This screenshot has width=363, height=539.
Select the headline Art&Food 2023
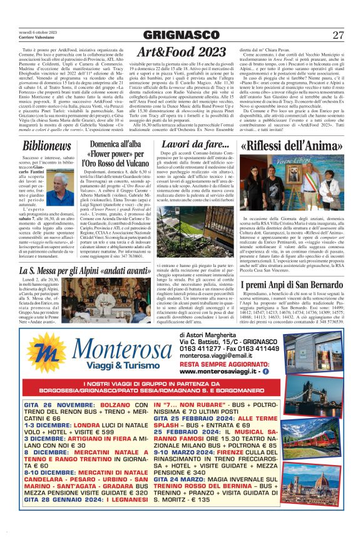coord(181,51)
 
